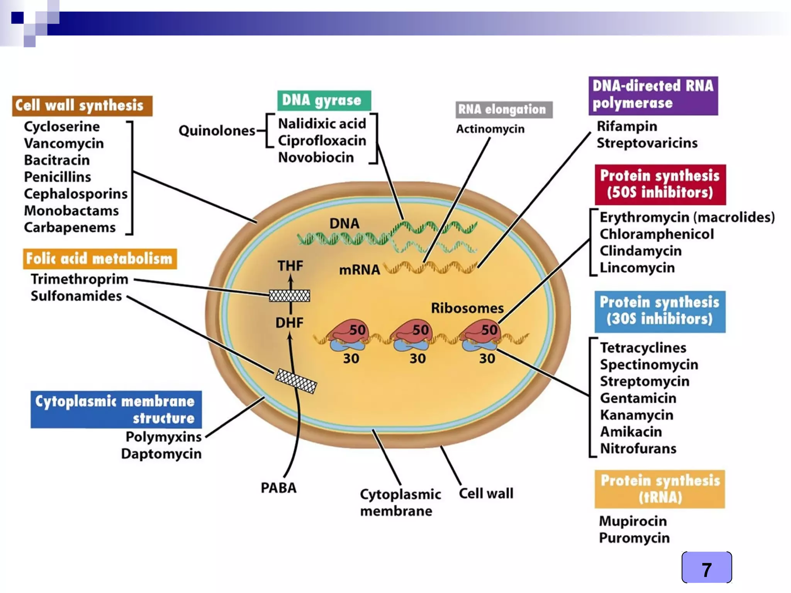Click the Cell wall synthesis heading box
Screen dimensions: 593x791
tap(82, 106)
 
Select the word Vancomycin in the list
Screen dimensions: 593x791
tap(64, 143)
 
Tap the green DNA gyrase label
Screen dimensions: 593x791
tap(324, 100)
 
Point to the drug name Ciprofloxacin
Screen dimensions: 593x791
tap(322, 141)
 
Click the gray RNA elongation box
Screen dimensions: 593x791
tap(504, 110)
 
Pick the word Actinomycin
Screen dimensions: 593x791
tap(490, 129)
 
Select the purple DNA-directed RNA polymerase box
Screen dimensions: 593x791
tap(653, 95)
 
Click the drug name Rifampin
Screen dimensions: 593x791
tap(626, 126)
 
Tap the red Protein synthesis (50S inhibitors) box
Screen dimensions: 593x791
tap(660, 185)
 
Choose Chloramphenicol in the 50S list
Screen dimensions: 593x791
tap(656, 234)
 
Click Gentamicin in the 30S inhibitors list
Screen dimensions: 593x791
tap(638, 398)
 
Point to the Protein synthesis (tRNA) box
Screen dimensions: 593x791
tap(660, 489)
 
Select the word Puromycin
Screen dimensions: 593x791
tap(634, 538)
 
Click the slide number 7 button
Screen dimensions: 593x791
tap(706, 568)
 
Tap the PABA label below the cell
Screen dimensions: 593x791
tap(278, 488)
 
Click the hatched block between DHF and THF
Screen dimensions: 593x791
tap(289, 296)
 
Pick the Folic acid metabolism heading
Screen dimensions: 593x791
tap(100, 259)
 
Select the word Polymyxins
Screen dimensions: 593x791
tap(163, 437)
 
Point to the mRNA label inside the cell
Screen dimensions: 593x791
tap(359, 269)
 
